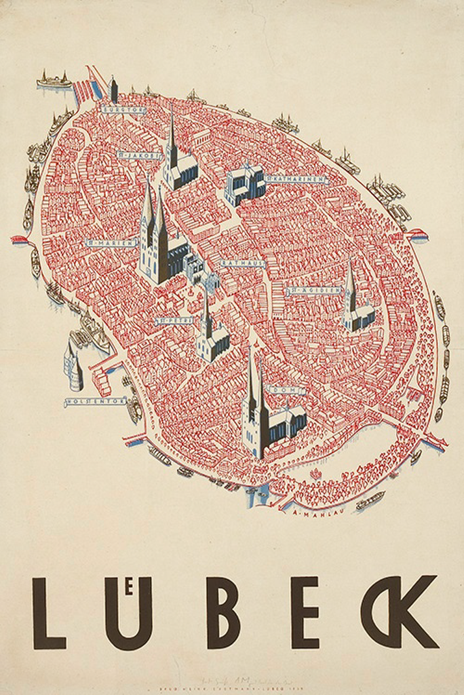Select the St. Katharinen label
tap(297, 179)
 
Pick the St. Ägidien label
tap(313, 290)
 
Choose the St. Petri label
tap(174, 320)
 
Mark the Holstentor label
tap(94, 402)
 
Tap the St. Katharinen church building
tap(244, 183)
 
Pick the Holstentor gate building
tap(73, 367)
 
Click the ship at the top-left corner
tap(54, 81)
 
